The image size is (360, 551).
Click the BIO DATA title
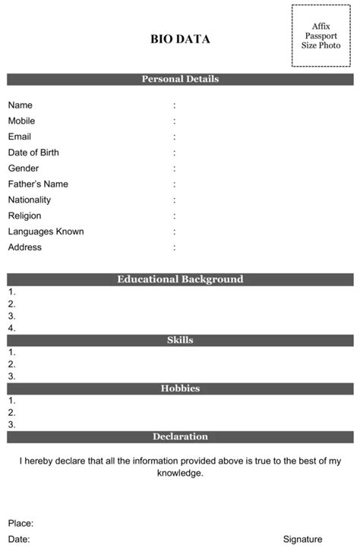[180, 39]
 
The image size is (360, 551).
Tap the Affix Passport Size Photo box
[321, 36]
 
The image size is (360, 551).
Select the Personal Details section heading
[180, 79]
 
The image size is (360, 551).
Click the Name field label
[21, 105]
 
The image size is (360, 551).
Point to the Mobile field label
[21, 121]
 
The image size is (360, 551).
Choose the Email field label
[20, 137]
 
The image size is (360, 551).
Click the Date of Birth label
[33, 153]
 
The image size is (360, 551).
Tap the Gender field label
[24, 168]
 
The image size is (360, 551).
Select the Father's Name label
[38, 184]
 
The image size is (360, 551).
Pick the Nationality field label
[30, 200]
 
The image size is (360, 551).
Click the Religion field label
[25, 216]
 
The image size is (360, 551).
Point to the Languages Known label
[46, 231]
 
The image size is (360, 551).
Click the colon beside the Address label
[175, 247]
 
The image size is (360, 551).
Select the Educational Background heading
[180, 279]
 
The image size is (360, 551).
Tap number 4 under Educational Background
[12, 329]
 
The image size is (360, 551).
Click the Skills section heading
[180, 340]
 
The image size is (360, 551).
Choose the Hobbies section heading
[180, 389]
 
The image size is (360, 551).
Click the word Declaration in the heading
[180, 436]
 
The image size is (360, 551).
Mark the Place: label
[21, 523]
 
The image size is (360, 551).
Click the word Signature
[302, 539]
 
